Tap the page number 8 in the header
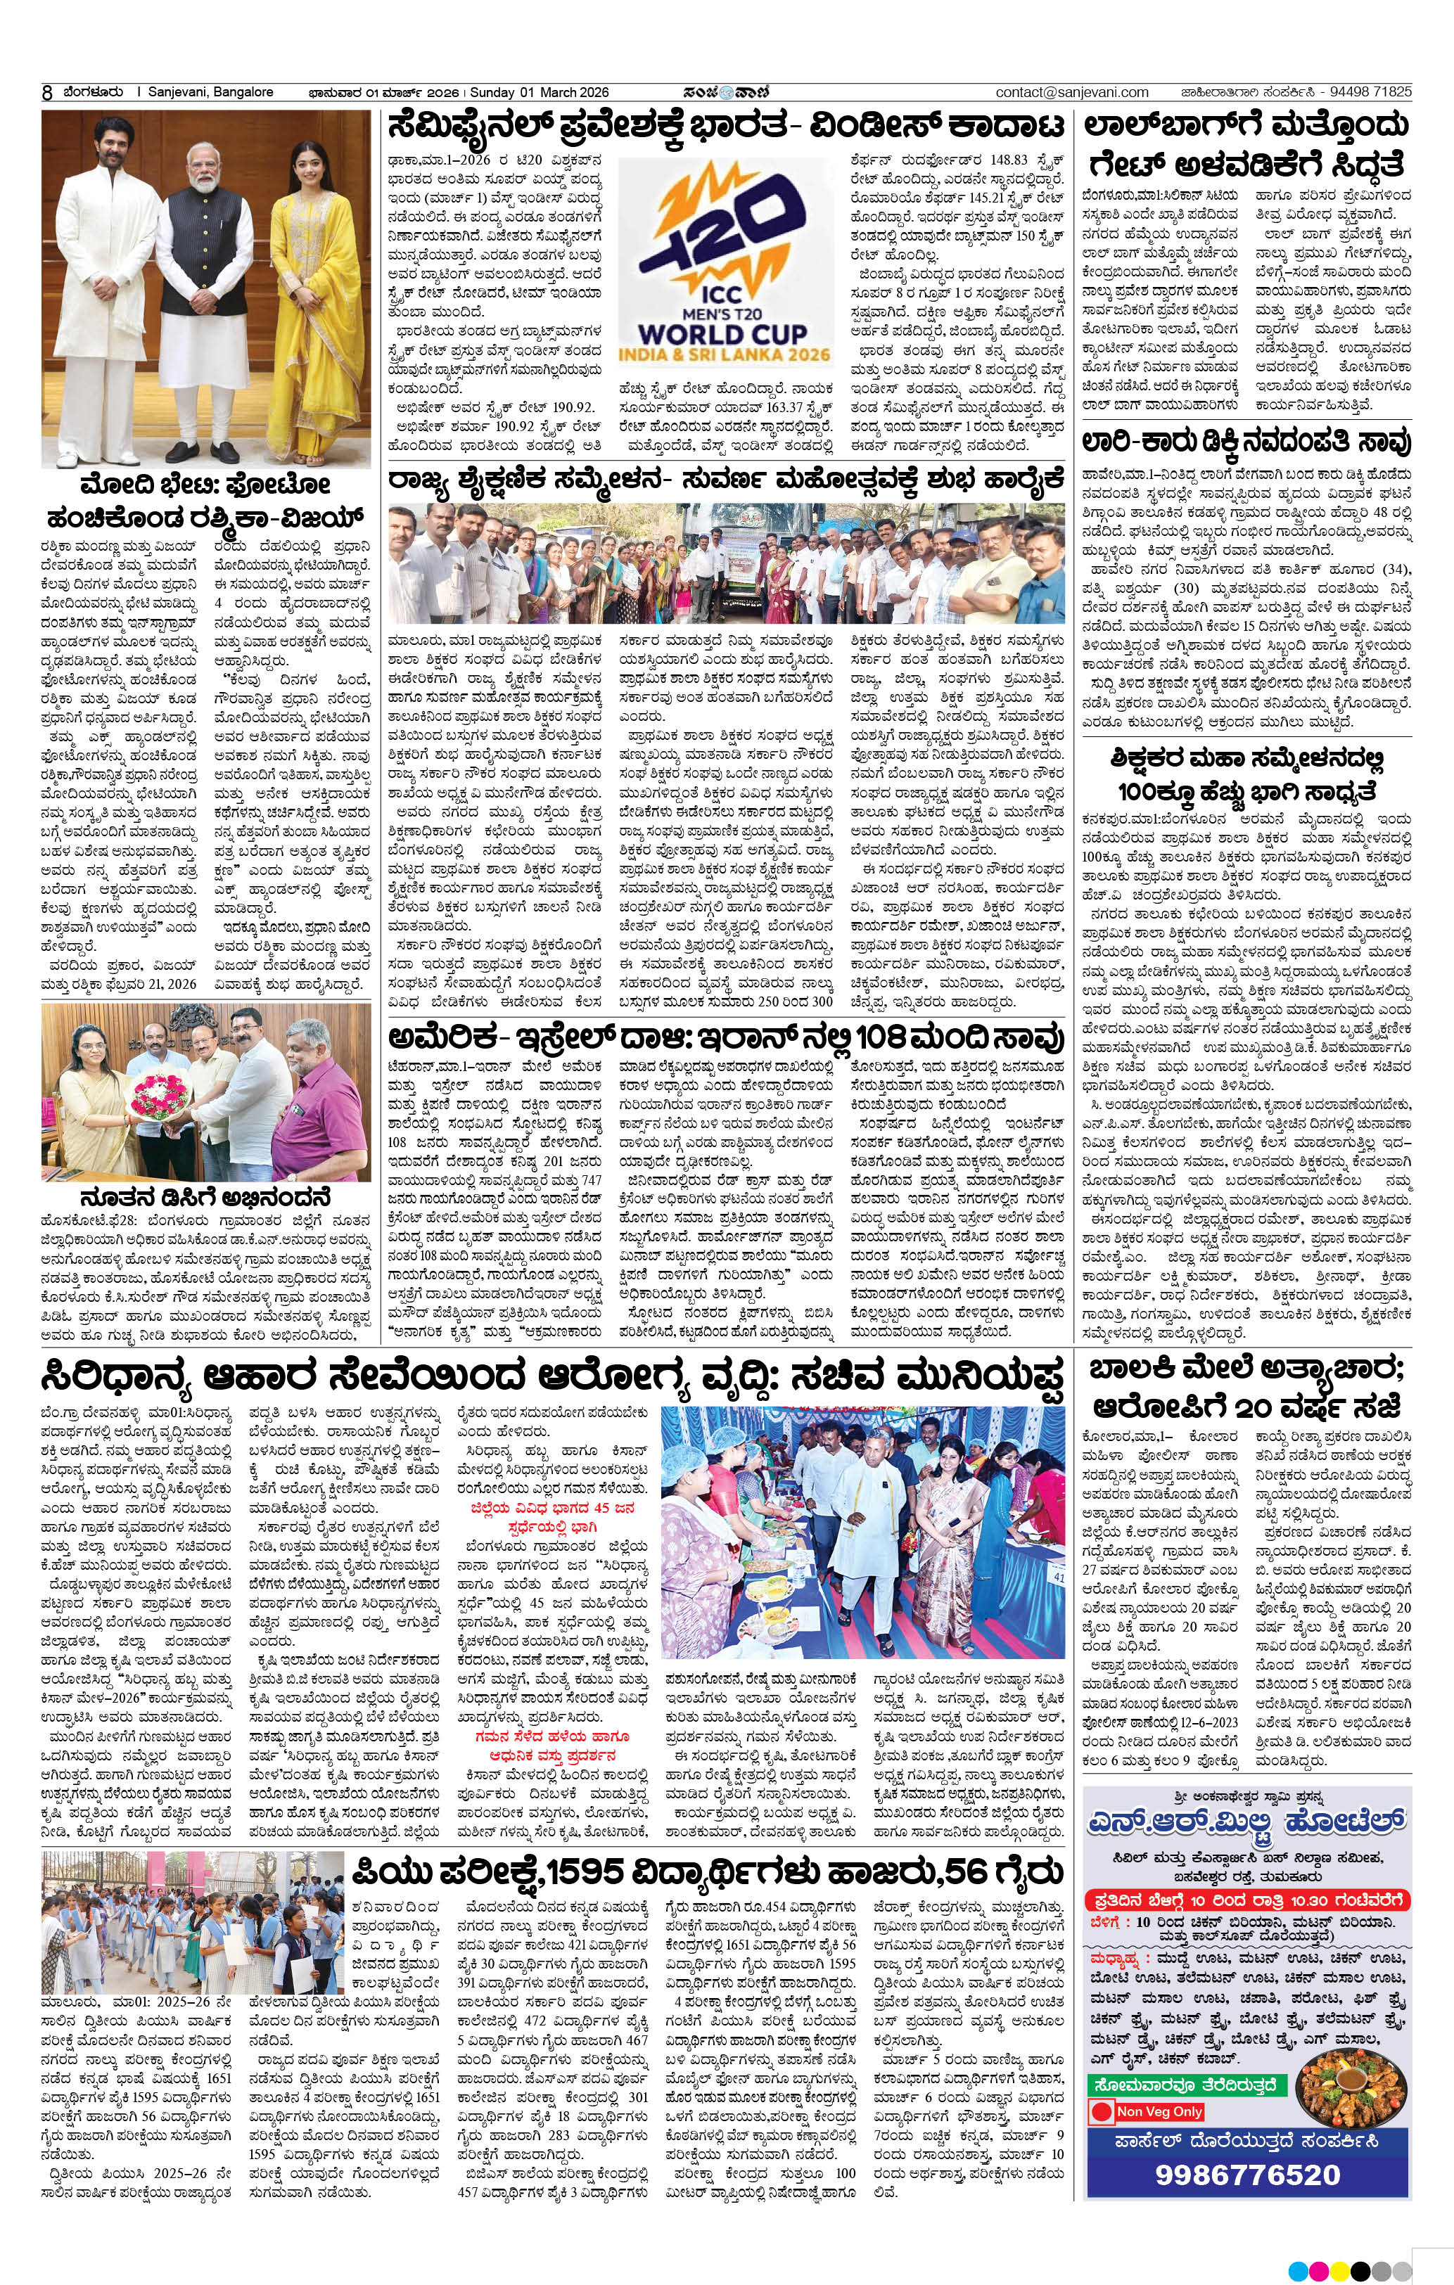(46, 93)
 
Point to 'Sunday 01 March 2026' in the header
(539, 92)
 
